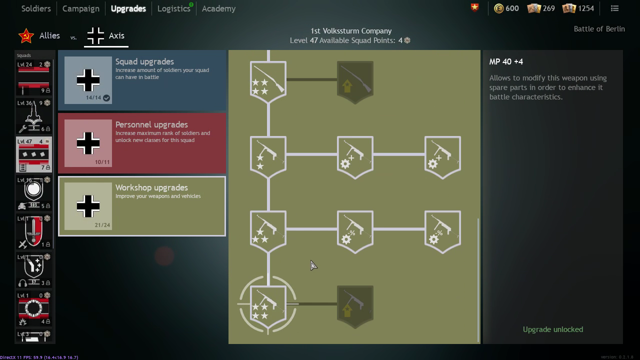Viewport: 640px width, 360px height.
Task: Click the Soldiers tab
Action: coord(36,8)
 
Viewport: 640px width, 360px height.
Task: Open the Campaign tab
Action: coord(80,8)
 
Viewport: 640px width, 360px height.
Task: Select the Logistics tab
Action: coord(173,8)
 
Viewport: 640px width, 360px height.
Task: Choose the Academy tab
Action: coord(218,8)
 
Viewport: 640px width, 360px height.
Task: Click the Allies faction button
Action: coord(39,36)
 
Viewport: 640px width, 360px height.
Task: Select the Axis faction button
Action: coord(106,36)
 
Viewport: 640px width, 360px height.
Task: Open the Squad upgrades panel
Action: coord(142,80)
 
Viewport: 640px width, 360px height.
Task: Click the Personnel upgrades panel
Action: coord(142,143)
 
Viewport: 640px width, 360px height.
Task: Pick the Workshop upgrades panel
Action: coord(142,206)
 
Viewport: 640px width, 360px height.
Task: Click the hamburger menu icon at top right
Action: coord(615,8)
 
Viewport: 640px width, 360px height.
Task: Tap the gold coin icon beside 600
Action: coord(498,8)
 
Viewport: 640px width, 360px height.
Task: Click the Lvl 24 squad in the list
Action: coord(33,78)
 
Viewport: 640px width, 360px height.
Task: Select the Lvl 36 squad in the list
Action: coord(33,116)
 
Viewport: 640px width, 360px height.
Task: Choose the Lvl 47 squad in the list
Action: coord(33,155)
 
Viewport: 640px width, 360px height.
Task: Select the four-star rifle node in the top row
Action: coord(268,81)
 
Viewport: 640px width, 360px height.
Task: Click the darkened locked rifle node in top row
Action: coord(355,81)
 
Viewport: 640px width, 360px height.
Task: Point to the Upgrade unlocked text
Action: coord(552,329)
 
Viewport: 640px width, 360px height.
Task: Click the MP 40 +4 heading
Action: coord(506,61)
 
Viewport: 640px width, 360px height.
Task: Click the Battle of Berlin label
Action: coord(599,29)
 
